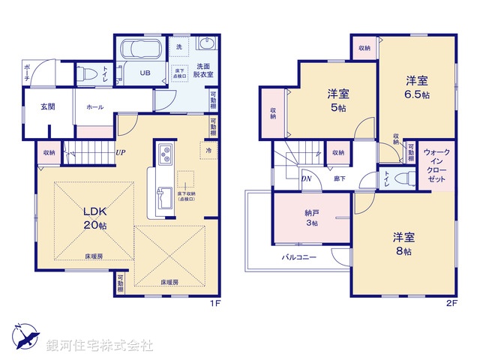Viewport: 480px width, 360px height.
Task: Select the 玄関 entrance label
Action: click(47, 107)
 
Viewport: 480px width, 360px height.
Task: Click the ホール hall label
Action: click(94, 107)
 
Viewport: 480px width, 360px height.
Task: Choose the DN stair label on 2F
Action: click(307, 178)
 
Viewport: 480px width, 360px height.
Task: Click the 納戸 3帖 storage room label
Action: click(310, 217)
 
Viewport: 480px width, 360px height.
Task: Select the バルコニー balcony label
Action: click(299, 256)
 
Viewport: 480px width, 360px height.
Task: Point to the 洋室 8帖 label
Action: click(402, 244)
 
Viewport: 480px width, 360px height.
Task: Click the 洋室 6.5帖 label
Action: click(418, 87)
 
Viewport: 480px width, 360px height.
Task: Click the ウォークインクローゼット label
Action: click(436, 167)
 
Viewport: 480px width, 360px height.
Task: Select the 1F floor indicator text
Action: click(214, 303)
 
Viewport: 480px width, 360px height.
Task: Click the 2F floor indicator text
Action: click(451, 303)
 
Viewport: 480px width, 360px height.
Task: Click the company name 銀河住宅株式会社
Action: click(100, 346)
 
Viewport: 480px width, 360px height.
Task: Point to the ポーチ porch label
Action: click(27, 73)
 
